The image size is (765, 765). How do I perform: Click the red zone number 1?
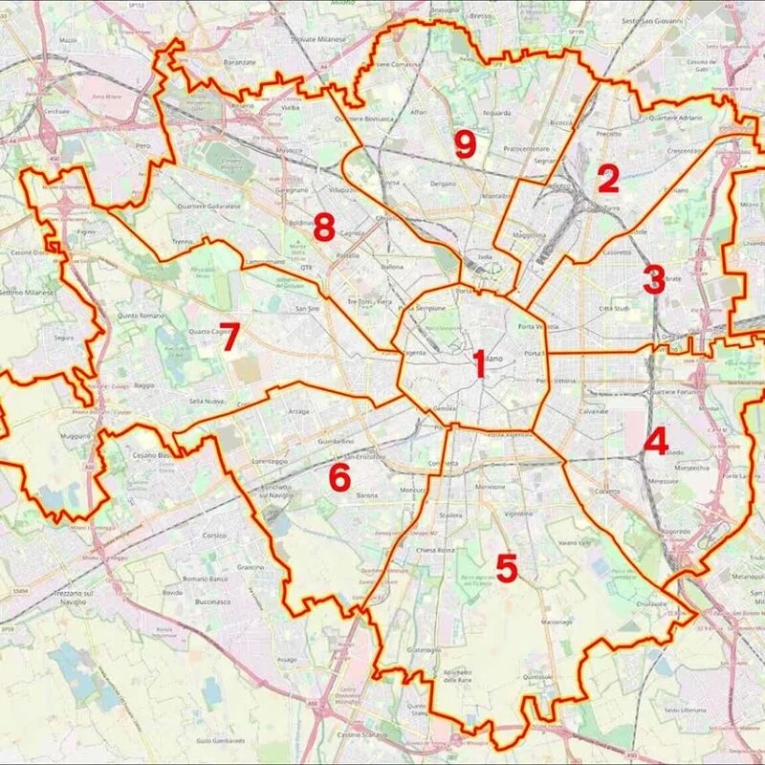click(x=479, y=364)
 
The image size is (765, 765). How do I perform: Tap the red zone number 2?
click(x=609, y=180)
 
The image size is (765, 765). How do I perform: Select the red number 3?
click(x=654, y=280)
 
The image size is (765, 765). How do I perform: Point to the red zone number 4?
click(x=656, y=441)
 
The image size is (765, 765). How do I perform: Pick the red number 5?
click(x=507, y=568)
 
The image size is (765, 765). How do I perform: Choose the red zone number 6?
click(x=339, y=478)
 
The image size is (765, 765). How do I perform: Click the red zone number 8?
click(x=323, y=229)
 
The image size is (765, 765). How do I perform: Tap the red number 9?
click(x=465, y=144)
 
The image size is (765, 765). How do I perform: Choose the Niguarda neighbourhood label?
click(x=496, y=112)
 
